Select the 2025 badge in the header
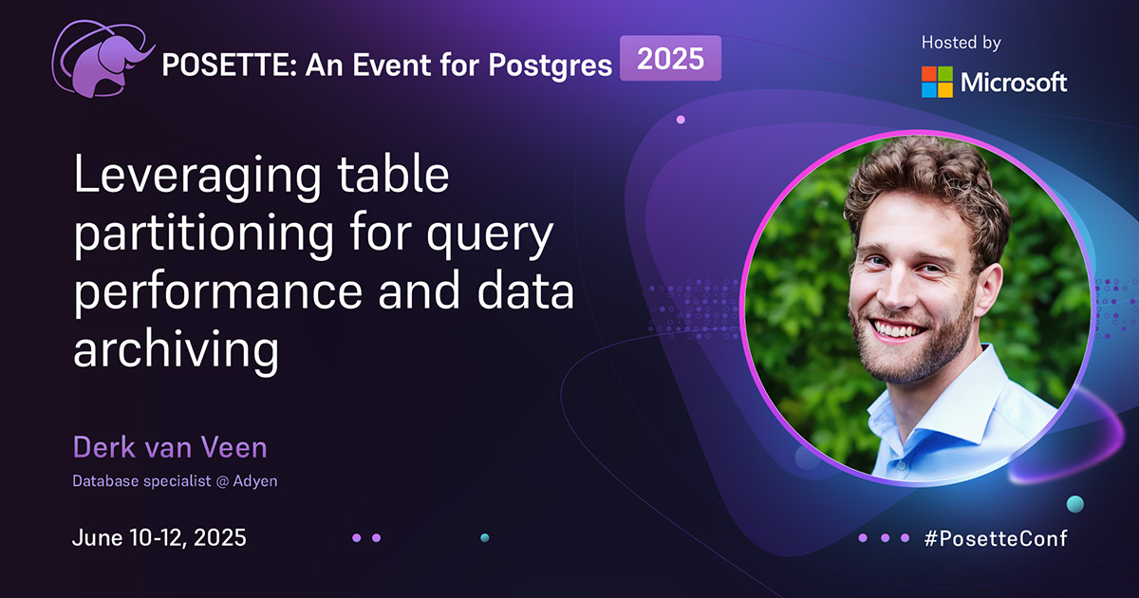click(x=670, y=59)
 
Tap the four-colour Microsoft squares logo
click(x=937, y=82)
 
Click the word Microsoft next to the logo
click(x=1014, y=83)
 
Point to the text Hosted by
click(x=962, y=43)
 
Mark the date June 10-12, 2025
click(x=159, y=538)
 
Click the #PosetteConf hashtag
click(x=996, y=538)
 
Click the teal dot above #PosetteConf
click(x=1074, y=503)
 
